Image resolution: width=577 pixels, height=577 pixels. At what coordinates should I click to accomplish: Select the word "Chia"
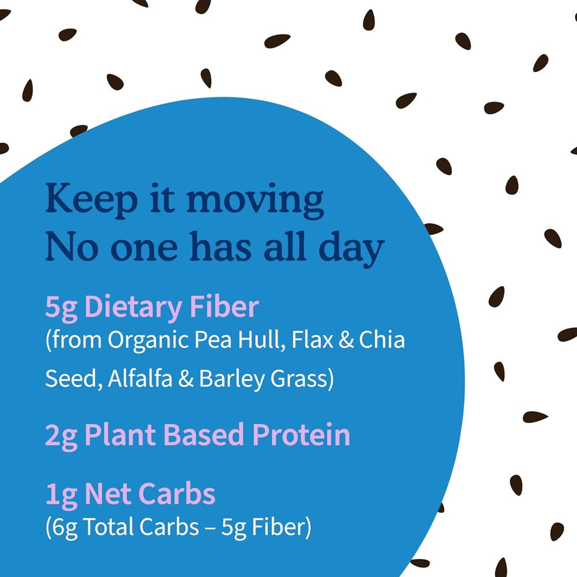coord(381,340)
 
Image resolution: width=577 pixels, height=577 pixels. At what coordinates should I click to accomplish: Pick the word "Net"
coord(107,494)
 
